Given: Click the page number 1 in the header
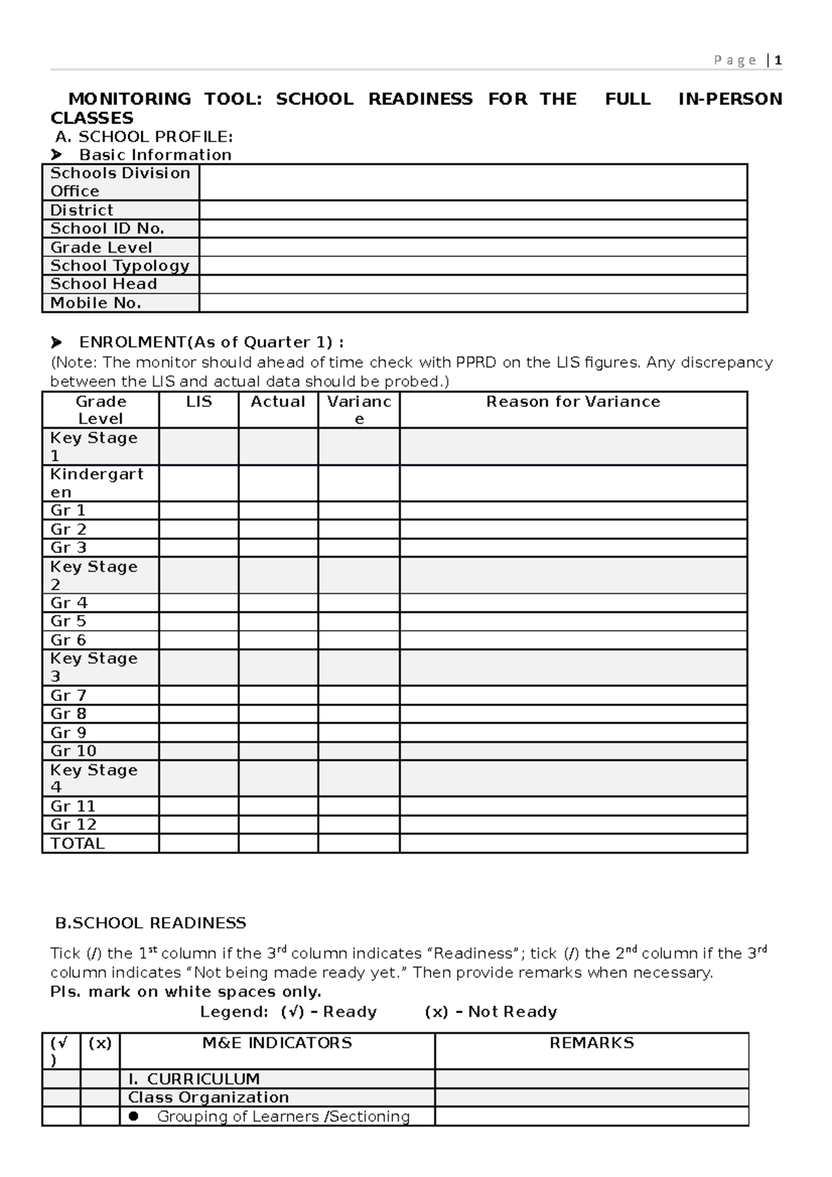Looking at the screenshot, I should click(779, 60).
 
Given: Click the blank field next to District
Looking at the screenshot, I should click(473, 210).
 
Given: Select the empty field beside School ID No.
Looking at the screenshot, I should click(473, 229).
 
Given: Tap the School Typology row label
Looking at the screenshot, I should click(119, 265).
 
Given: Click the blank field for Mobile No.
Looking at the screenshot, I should click(473, 303).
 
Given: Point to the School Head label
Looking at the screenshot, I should click(103, 284).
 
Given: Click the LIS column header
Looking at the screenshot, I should click(198, 402).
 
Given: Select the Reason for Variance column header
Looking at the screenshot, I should click(573, 402).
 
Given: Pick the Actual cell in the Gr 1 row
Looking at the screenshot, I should click(278, 511).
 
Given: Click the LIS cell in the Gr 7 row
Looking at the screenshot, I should click(198, 695).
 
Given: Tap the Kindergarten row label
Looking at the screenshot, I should click(96, 483).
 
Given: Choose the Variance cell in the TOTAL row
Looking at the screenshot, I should click(358, 844).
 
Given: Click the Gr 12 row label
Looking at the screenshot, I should click(73, 825).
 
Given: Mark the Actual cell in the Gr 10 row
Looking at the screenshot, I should click(278, 751).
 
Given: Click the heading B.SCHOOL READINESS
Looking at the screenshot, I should click(150, 923).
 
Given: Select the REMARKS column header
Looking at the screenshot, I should click(591, 1043).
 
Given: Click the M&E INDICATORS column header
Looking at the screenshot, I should click(277, 1043).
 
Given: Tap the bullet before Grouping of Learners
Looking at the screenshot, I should click(134, 1116).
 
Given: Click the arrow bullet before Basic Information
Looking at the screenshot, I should click(56, 155).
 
